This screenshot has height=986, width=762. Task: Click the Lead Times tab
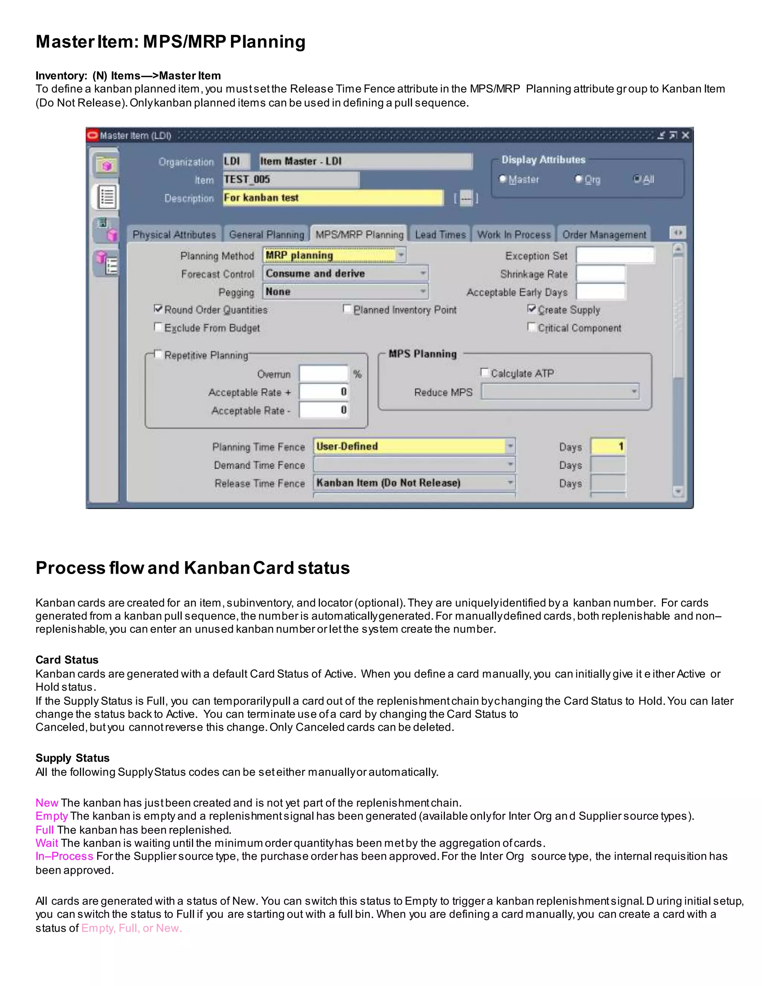point(440,235)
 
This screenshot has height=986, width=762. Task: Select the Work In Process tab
point(514,235)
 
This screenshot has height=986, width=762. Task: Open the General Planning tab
point(266,235)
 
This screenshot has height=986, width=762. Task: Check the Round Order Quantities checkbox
point(158,309)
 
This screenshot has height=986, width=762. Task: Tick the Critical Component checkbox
point(532,327)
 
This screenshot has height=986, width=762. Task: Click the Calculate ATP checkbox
point(485,372)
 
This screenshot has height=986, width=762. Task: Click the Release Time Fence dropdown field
point(414,483)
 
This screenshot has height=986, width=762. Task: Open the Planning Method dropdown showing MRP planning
point(334,256)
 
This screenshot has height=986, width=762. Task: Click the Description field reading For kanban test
point(333,198)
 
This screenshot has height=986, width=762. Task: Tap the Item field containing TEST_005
point(291,180)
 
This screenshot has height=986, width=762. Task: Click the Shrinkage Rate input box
point(601,273)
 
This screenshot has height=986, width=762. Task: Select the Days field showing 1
point(608,446)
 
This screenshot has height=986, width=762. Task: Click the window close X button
point(685,135)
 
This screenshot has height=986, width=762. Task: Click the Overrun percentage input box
point(323,374)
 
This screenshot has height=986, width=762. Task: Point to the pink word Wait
point(47,843)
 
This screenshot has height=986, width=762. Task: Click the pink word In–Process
point(64,856)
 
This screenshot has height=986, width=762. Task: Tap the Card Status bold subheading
point(67,660)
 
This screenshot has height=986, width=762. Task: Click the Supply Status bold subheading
point(72,758)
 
